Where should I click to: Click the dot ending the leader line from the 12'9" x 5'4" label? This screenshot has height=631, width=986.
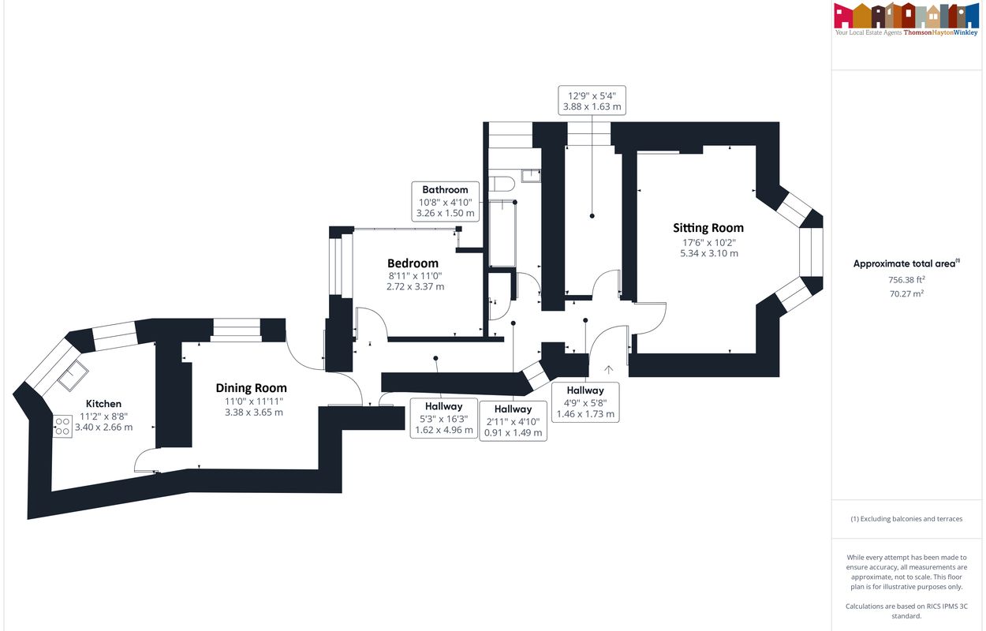tap(592, 215)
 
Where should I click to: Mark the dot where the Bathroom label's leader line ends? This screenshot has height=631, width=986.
tap(514, 202)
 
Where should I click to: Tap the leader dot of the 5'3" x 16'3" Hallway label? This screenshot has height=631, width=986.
tap(435, 358)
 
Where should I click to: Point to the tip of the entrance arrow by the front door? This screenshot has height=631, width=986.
tap(608, 366)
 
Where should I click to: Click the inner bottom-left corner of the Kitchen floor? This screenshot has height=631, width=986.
tap(51, 491)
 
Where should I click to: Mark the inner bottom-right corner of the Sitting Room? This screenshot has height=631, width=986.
tap(756, 353)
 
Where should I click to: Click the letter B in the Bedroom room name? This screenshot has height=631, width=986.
tap(391, 263)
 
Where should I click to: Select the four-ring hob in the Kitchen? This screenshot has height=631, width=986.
tap(62, 427)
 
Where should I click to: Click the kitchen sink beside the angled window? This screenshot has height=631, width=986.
tap(73, 375)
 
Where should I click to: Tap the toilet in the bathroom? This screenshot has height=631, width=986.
tap(502, 184)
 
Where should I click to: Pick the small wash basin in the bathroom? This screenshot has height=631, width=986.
tap(531, 176)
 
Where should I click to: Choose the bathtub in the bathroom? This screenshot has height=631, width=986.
tap(502, 233)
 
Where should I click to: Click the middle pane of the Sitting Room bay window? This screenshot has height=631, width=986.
tap(811, 252)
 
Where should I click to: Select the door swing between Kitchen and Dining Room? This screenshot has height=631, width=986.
tap(147, 460)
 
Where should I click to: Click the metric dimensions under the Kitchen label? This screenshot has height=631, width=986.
tap(103, 427)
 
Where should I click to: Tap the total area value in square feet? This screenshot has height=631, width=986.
tap(906, 279)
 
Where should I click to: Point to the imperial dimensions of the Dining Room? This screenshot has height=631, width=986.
tap(253, 401)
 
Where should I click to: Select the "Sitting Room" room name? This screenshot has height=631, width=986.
tap(708, 228)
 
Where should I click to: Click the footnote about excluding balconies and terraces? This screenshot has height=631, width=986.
tap(906, 519)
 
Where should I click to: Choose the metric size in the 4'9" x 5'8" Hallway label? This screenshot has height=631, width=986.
tap(585, 413)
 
